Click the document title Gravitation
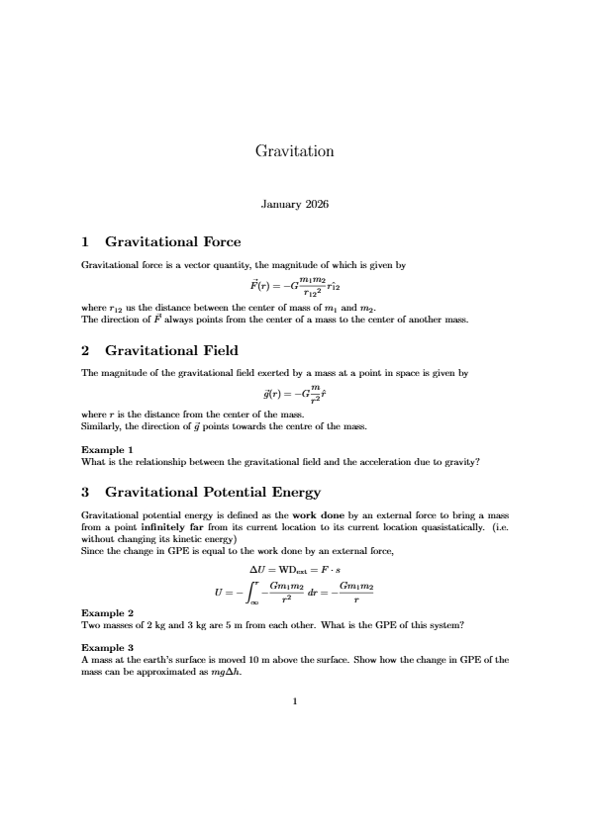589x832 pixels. click(x=294, y=151)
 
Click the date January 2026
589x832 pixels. click(x=294, y=205)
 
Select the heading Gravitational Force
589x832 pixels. click(x=172, y=242)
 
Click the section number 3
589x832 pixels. click(x=85, y=492)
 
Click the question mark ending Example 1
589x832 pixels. click(x=478, y=461)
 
